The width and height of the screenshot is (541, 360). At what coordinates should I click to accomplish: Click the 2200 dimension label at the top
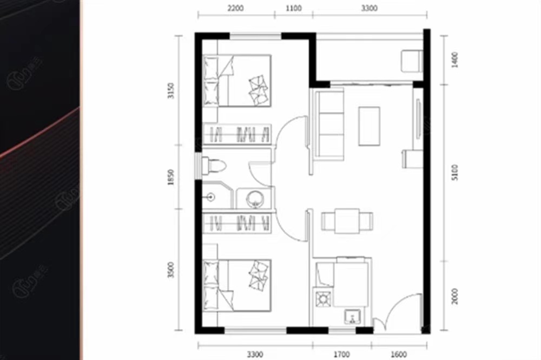pyautogui.click(x=236, y=8)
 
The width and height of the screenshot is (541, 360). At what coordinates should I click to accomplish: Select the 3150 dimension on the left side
pyautogui.click(x=171, y=90)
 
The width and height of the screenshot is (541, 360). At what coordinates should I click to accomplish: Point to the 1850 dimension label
pyautogui.click(x=171, y=177)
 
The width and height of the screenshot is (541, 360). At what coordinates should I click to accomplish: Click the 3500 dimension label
pyautogui.click(x=171, y=269)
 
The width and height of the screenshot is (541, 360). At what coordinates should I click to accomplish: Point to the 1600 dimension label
pyautogui.click(x=398, y=355)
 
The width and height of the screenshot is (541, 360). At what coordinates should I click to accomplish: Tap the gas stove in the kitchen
pyautogui.click(x=323, y=298)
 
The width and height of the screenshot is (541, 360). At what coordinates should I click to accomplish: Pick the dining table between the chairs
pyautogui.click(x=347, y=221)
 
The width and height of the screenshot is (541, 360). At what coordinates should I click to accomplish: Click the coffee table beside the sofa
pyautogui.click(x=370, y=125)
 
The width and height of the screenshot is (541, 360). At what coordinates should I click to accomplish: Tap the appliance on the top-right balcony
pyautogui.click(x=411, y=61)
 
